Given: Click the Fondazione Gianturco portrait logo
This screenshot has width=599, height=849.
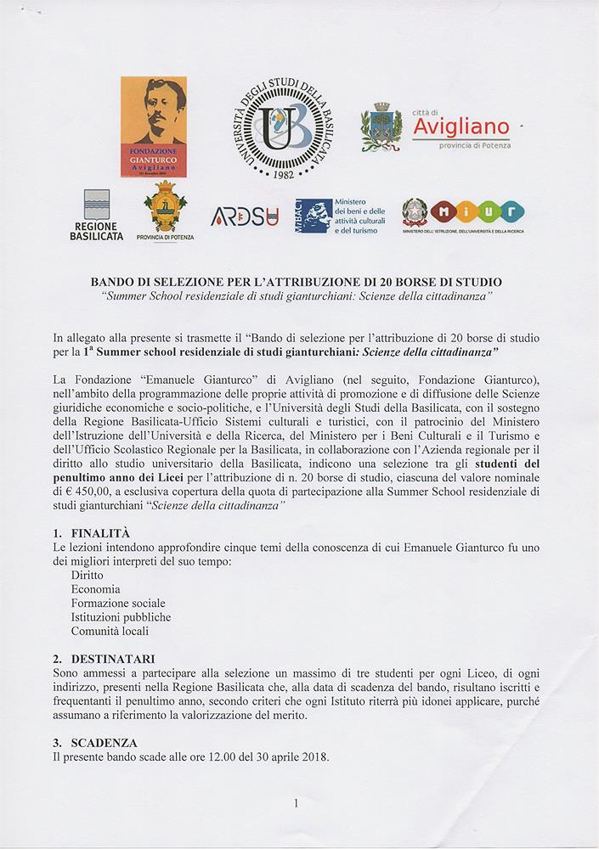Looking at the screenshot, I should [x=154, y=127].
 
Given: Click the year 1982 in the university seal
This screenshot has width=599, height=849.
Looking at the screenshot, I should [x=283, y=173].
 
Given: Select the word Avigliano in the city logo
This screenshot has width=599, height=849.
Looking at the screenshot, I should [x=461, y=128].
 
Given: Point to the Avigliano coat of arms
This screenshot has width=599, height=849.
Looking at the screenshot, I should [x=381, y=127].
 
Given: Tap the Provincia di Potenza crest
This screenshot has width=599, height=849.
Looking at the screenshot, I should [x=165, y=209].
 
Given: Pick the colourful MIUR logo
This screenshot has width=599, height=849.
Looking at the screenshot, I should [x=477, y=212].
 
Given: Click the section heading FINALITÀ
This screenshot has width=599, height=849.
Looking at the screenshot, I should [x=100, y=533].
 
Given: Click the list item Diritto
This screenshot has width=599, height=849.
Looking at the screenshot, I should [x=88, y=575].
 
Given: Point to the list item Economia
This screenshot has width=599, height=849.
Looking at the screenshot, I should [x=96, y=589].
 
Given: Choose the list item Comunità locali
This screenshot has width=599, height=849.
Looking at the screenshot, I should [x=110, y=631].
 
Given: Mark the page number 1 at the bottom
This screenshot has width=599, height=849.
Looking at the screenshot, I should [x=296, y=802].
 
